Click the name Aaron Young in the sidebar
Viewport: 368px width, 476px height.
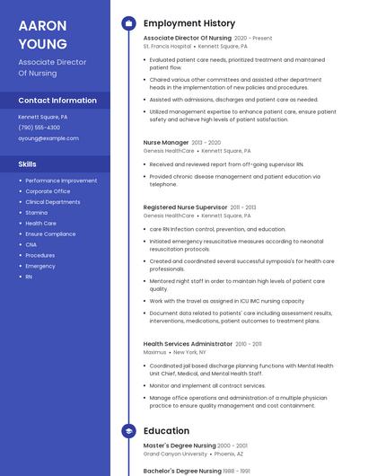point(42,34)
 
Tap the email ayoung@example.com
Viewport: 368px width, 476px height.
point(48,138)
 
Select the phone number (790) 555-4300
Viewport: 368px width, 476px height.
point(39,128)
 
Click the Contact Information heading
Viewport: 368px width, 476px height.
point(57,101)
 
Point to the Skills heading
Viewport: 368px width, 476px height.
point(28,164)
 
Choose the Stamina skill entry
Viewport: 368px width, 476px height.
point(37,213)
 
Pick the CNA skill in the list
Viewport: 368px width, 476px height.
point(31,244)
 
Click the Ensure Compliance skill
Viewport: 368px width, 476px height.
point(50,234)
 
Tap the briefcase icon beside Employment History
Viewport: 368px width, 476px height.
point(128,23)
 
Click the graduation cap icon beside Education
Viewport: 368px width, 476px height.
point(128,431)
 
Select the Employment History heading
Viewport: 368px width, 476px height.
point(189,23)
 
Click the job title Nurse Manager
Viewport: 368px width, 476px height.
point(166,142)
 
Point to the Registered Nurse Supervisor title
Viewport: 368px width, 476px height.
point(185,207)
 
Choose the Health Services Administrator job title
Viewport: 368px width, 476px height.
point(188,344)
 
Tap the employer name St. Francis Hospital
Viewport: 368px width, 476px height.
point(167,46)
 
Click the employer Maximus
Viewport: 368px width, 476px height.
point(154,352)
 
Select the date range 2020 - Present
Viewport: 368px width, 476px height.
point(253,39)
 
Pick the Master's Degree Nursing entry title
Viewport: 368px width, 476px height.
point(180,445)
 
